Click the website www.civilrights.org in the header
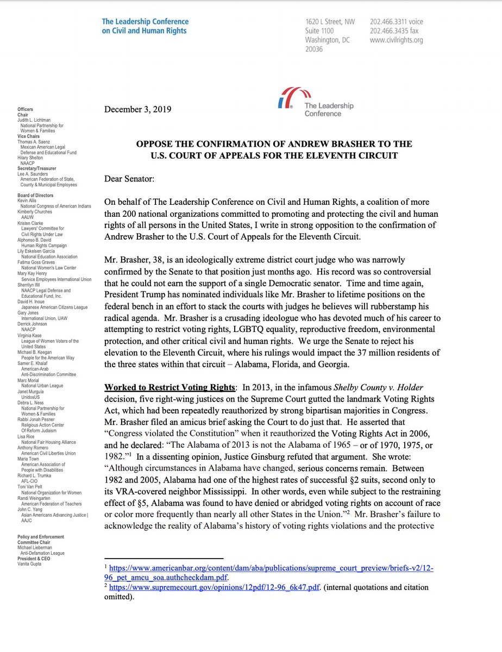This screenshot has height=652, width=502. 396,40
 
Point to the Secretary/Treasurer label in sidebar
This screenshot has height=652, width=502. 39,168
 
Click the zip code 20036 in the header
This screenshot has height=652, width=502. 313,49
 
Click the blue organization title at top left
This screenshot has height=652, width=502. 145,26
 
